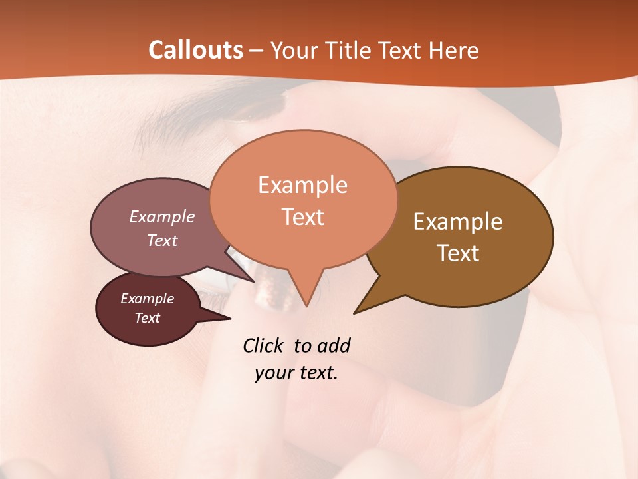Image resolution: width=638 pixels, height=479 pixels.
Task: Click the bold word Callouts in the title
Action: click(x=195, y=50)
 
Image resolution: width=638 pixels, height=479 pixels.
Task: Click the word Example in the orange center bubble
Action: click(x=302, y=185)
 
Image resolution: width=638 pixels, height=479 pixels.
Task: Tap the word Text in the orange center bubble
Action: click(x=303, y=217)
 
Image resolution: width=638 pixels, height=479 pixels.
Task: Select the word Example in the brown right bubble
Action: click(x=458, y=222)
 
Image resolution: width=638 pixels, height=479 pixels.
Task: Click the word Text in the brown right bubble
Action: click(x=458, y=253)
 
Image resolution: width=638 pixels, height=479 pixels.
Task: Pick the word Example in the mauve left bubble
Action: click(x=162, y=217)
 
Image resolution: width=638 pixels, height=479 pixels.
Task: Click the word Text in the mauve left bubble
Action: click(x=162, y=240)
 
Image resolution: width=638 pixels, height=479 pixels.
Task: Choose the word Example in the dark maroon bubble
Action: click(x=148, y=299)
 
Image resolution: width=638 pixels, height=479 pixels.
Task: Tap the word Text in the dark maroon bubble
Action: click(x=148, y=318)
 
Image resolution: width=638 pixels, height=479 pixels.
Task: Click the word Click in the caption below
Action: click(x=263, y=346)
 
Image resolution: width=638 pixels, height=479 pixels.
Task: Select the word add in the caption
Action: click(x=334, y=346)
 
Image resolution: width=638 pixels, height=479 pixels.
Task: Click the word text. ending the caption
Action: click(x=316, y=373)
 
